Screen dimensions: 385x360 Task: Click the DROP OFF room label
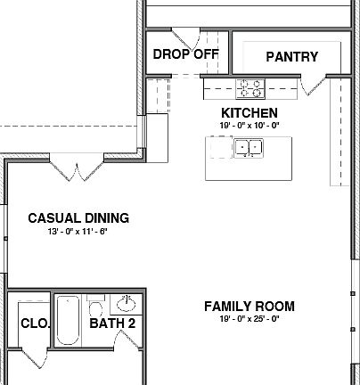(x=185, y=53)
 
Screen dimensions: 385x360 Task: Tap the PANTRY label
(x=291, y=57)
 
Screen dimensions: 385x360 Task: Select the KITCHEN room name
(x=249, y=113)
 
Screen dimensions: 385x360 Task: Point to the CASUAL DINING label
(x=78, y=218)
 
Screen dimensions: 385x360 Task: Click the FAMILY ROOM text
(x=249, y=307)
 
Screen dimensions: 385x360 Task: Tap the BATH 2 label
(x=112, y=323)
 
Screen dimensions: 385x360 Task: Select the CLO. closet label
(x=34, y=323)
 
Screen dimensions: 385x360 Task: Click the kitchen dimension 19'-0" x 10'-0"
(x=249, y=126)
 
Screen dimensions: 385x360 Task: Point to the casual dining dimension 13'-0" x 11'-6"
(x=78, y=231)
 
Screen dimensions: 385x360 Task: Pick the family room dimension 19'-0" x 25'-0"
(x=249, y=319)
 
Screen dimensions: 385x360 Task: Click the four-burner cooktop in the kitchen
(x=250, y=87)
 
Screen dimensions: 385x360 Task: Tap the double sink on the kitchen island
(x=247, y=149)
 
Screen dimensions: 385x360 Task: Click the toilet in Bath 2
(x=96, y=308)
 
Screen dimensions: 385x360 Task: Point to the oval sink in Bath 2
(x=127, y=302)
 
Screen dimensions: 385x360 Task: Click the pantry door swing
(x=311, y=85)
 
